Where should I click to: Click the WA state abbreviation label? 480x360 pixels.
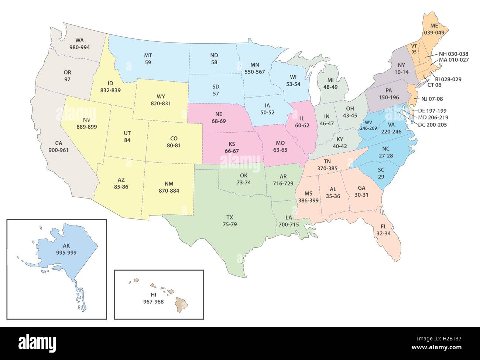[x=79, y=40]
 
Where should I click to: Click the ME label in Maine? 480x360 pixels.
[x=434, y=26]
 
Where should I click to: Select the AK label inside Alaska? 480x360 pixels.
[x=66, y=245]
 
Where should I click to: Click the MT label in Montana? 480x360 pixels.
[x=148, y=55]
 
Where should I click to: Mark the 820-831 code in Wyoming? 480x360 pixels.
[x=161, y=103]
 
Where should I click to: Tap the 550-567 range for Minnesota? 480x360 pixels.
[x=255, y=72]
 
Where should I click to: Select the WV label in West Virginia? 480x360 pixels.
[x=368, y=122]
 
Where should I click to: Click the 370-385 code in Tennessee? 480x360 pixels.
[x=327, y=168]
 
